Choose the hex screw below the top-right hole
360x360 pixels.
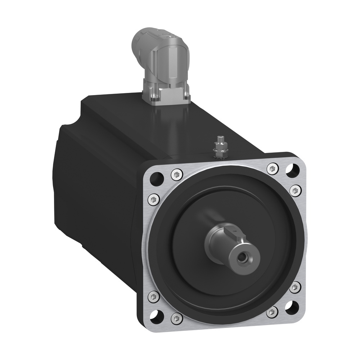tap(295, 190)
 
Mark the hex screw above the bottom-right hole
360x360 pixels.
tap(295, 287)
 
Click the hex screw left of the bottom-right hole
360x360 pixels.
tap(273, 312)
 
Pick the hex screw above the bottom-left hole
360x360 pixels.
tap(152, 296)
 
